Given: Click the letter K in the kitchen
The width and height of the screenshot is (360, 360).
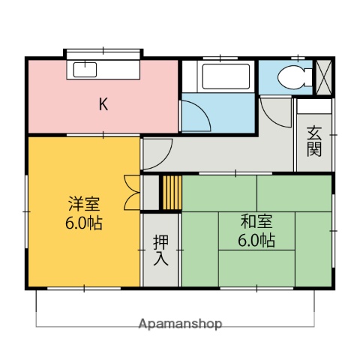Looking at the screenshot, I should click(103, 104).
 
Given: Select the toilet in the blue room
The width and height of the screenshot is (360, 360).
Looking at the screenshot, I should click(289, 76).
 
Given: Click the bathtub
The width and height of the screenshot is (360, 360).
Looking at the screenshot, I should click(216, 76).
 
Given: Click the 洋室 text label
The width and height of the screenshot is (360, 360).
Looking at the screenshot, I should click(83, 204).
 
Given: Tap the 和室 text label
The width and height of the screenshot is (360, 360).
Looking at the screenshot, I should click(256, 222).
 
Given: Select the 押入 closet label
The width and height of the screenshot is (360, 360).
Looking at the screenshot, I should click(160, 251).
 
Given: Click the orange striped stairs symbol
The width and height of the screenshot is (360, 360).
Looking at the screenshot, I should click(172, 193).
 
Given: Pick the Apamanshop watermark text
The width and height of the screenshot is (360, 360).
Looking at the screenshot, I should click(180, 324).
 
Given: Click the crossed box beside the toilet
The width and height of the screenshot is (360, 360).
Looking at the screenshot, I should click(323, 76).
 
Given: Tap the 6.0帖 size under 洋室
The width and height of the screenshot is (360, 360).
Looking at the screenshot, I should click(83, 223).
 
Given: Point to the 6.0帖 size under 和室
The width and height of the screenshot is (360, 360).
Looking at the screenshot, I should click(256, 241).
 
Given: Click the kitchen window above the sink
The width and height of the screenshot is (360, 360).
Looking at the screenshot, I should click(103, 54).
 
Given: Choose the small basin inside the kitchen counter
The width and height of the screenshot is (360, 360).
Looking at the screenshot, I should click(83, 71).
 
